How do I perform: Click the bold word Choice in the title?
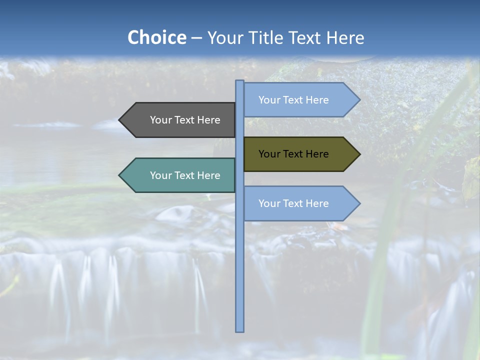coord(156,37)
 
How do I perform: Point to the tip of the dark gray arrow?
coord(120,120)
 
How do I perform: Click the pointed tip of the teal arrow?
coord(120,175)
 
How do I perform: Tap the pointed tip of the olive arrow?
coord(359,154)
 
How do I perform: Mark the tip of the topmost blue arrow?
coord(359,100)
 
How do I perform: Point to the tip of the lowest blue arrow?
coord(359,203)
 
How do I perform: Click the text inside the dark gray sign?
coord(185,120)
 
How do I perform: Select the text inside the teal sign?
coord(185,175)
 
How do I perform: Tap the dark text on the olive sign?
coord(293,154)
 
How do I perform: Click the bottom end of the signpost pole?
coord(239,329)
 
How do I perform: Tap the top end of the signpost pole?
coord(239,82)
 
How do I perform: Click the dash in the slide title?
coord(196,38)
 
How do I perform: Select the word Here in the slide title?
coord(345,37)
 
